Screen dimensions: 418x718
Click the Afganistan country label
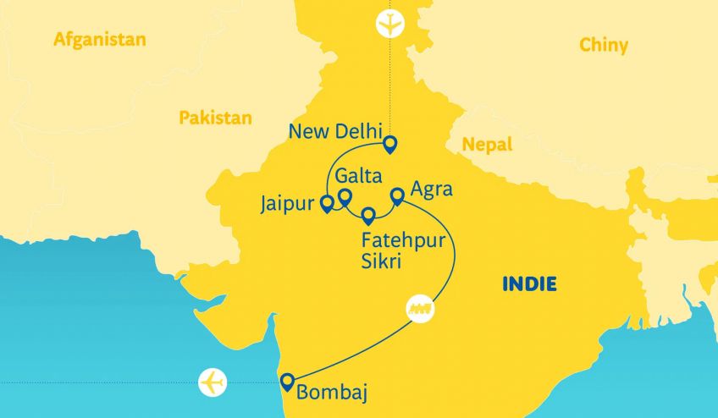(x=99, y=40)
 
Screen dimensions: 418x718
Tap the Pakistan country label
(x=215, y=118)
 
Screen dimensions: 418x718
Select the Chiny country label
(x=604, y=45)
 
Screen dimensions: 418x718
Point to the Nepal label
(x=487, y=145)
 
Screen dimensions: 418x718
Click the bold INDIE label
(x=529, y=283)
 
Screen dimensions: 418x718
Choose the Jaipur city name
(x=288, y=203)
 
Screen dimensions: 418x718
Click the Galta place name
(x=358, y=176)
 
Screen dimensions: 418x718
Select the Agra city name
(x=431, y=189)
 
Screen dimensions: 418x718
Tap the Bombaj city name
(x=333, y=392)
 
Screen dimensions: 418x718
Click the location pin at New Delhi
(x=390, y=145)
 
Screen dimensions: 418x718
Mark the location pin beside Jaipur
(x=326, y=203)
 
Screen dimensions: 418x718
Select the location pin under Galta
(x=345, y=197)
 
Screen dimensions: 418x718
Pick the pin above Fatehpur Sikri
(x=368, y=215)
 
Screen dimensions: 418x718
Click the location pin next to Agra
(x=396, y=196)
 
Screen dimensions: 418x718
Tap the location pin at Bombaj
(x=288, y=381)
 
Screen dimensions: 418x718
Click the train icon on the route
(x=421, y=307)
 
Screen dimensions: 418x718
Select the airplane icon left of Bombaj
(x=213, y=382)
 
